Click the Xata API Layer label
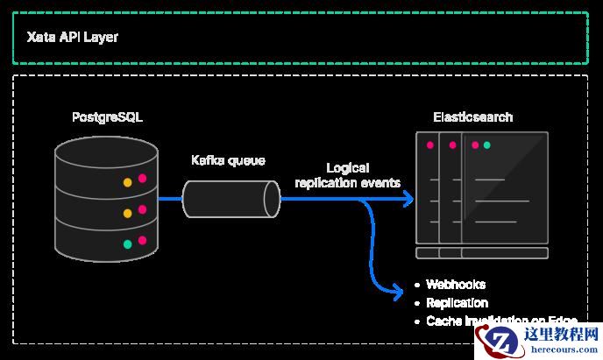point(72,38)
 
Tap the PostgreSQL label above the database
point(107,117)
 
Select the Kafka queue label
point(228,161)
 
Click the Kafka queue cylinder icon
point(231,199)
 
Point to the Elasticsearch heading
point(473,117)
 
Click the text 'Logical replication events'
point(348,175)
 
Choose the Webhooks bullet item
point(455,285)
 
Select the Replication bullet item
point(457,303)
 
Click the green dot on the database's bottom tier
point(127,244)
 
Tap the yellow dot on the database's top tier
point(127,183)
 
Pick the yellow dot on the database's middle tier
point(127,213)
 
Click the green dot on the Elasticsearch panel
point(486,145)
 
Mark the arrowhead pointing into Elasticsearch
point(408,200)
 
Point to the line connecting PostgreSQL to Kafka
point(170,199)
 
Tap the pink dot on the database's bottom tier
point(142,238)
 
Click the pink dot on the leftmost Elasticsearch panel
point(429,145)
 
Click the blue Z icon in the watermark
point(502,341)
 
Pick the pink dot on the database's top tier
point(142,179)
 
